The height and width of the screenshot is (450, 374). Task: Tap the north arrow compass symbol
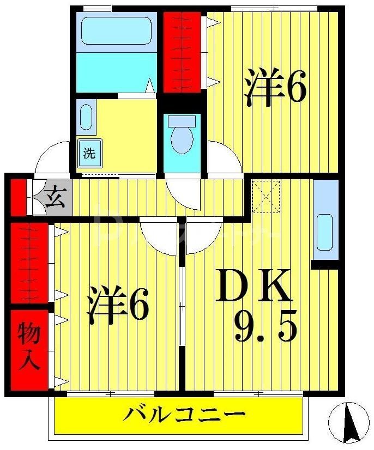[x=349, y=422]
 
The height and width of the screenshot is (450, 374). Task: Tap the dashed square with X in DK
[x=266, y=196]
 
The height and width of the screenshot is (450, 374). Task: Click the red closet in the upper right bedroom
[x=183, y=52]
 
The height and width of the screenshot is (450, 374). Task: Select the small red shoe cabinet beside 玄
[x=18, y=196]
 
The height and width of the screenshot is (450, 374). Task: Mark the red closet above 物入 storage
[x=29, y=263]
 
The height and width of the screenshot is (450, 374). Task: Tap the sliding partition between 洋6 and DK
[x=182, y=305]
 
